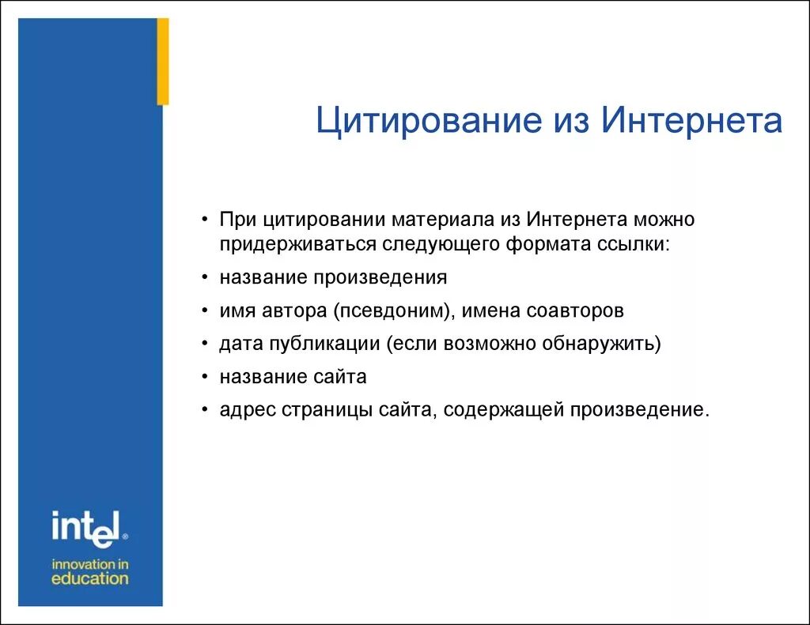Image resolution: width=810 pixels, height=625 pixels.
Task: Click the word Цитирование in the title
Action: (x=422, y=122)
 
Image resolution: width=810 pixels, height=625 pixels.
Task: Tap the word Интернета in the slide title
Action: (x=691, y=122)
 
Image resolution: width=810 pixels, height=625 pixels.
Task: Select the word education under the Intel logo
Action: (x=89, y=578)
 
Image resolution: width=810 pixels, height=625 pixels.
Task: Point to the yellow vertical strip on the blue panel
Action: (x=163, y=62)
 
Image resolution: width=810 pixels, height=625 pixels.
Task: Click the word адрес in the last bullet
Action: (x=245, y=411)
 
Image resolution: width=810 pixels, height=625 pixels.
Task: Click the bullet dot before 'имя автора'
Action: (x=205, y=312)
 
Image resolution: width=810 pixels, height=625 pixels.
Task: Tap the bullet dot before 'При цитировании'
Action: (x=205, y=220)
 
